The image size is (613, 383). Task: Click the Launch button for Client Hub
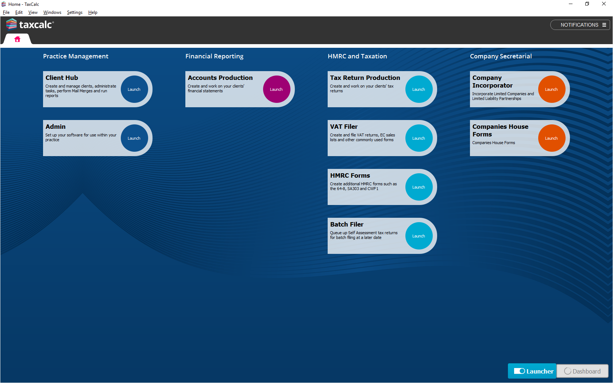pyautogui.click(x=134, y=89)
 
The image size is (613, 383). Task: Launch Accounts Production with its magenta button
pyautogui.click(x=277, y=89)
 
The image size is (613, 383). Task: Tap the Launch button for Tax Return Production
pyautogui.click(x=419, y=89)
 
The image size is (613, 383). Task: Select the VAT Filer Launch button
pyautogui.click(x=419, y=138)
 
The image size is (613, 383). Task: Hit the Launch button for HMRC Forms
pyautogui.click(x=419, y=187)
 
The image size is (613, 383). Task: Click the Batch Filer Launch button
pyautogui.click(x=419, y=236)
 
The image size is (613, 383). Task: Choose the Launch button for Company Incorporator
pyautogui.click(x=551, y=89)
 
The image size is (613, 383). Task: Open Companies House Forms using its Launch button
pyautogui.click(x=551, y=138)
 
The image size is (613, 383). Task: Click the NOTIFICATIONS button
pyautogui.click(x=580, y=25)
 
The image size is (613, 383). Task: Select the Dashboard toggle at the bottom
pyautogui.click(x=583, y=371)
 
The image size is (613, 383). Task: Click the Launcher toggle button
pyautogui.click(x=532, y=371)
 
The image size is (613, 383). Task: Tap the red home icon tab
pyautogui.click(x=17, y=39)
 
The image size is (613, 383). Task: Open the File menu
pyautogui.click(x=6, y=12)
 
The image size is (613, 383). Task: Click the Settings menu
pyautogui.click(x=74, y=12)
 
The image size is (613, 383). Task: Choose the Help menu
pyautogui.click(x=93, y=12)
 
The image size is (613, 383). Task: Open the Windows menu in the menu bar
pyautogui.click(x=52, y=12)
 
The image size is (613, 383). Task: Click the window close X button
pyautogui.click(x=604, y=4)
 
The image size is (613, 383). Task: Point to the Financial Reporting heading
pyautogui.click(x=214, y=56)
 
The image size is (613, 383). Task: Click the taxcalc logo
pyautogui.click(x=30, y=24)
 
